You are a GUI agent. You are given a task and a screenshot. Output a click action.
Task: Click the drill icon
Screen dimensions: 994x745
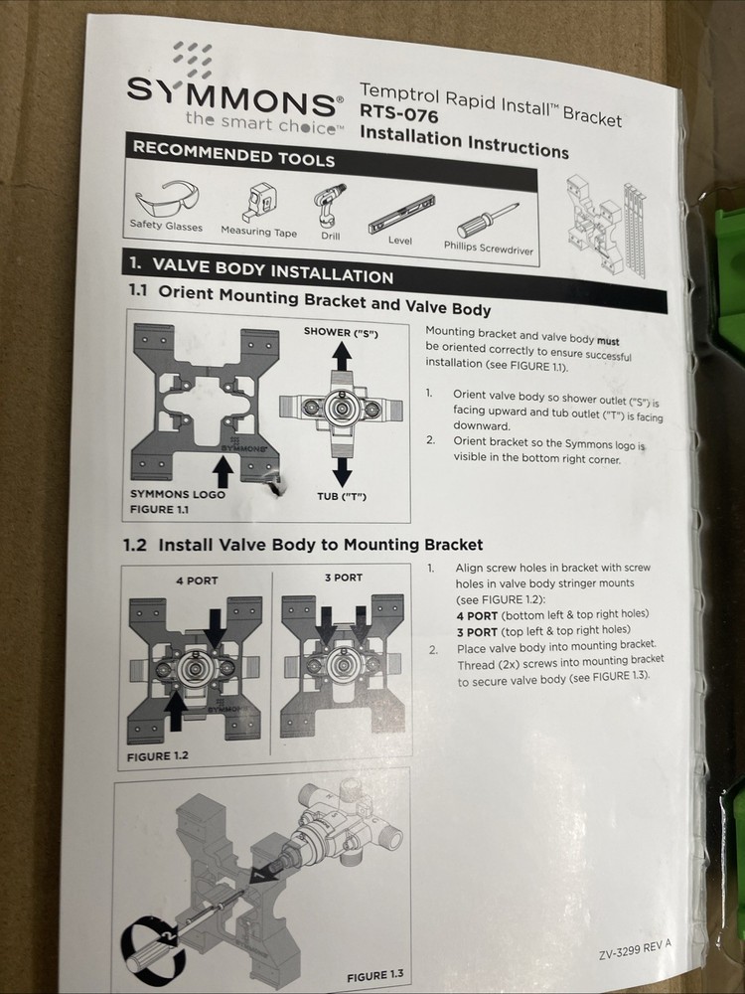pyautogui.click(x=330, y=208)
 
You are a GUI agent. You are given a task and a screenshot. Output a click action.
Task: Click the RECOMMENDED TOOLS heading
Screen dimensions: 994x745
pyautogui.click(x=233, y=156)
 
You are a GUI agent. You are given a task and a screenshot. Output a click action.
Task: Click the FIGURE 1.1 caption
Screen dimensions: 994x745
pyautogui.click(x=160, y=509)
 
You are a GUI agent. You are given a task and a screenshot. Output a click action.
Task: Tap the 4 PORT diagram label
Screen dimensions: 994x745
pyautogui.click(x=196, y=579)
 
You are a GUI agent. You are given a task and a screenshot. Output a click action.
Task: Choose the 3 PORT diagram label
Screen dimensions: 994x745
pyautogui.click(x=343, y=578)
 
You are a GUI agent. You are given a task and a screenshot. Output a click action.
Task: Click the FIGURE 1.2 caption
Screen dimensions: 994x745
pyautogui.click(x=158, y=755)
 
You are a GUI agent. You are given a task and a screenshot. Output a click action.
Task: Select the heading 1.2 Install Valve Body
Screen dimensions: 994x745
pyautogui.click(x=303, y=544)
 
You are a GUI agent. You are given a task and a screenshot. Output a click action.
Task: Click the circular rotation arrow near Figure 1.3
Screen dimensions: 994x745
pyautogui.click(x=148, y=935)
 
